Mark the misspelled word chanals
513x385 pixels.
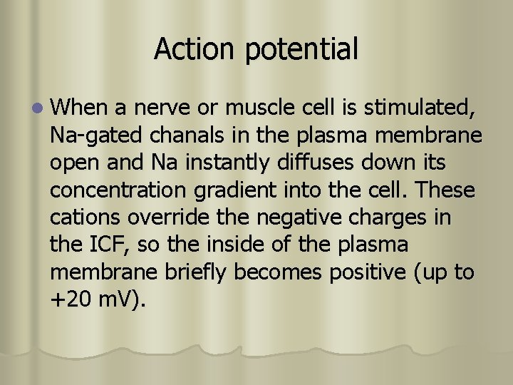[181, 135]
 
